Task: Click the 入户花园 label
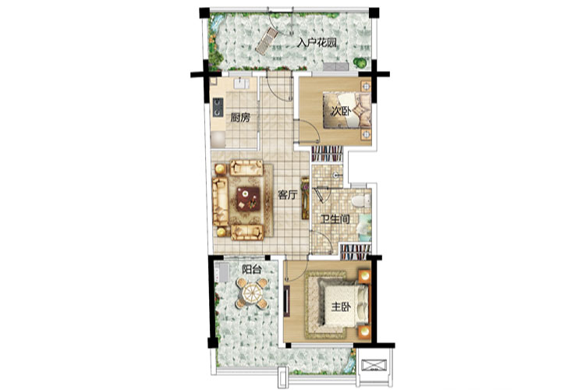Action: click(317, 43)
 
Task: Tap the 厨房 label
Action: click(240, 119)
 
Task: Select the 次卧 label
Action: click(341, 111)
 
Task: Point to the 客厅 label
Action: click(287, 194)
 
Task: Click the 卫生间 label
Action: click(335, 219)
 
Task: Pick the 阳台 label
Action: click(251, 269)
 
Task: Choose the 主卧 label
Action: click(341, 307)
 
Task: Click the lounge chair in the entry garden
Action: click(267, 41)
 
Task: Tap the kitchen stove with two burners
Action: click(218, 107)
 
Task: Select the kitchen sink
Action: click(241, 83)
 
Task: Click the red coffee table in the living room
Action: click(248, 199)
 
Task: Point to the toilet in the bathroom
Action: click(360, 200)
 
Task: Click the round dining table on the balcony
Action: click(252, 293)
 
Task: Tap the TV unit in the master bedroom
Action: click(287, 301)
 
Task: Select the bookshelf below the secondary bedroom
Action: click(327, 154)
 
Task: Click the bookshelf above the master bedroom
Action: click(355, 252)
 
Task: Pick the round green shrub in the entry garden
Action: click(360, 62)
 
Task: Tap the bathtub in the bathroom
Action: click(364, 227)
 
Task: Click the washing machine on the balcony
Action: click(223, 272)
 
